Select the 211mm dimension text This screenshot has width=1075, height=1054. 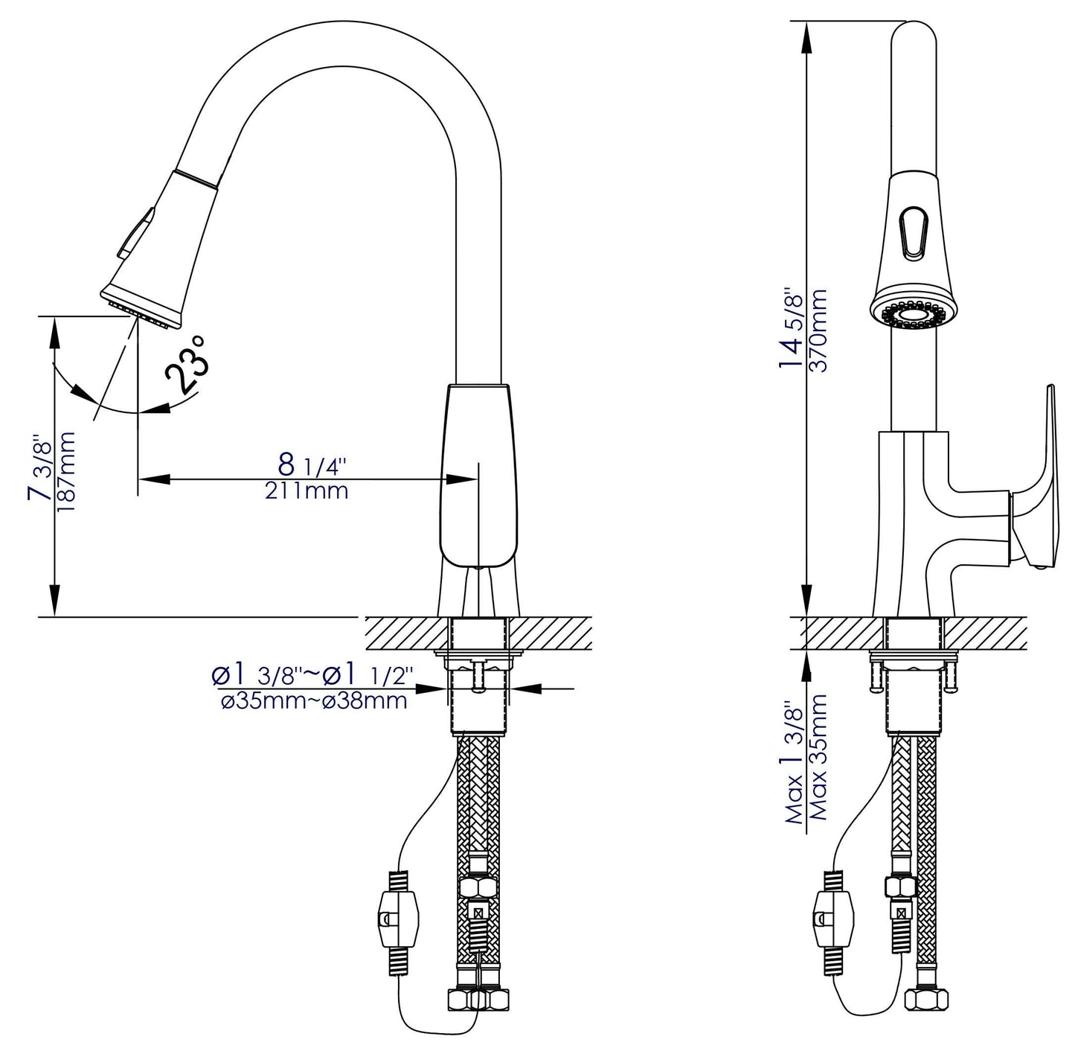tap(306, 491)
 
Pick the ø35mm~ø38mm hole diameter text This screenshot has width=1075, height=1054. tap(314, 701)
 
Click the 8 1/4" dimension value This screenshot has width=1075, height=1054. tap(312, 465)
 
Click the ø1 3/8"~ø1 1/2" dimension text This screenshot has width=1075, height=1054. tap(314, 676)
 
